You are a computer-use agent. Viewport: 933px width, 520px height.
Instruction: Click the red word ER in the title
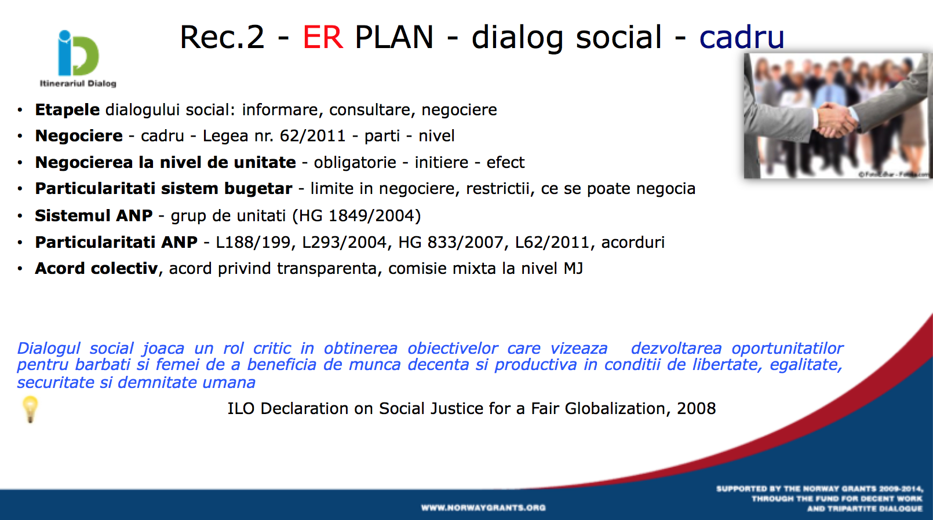click(323, 37)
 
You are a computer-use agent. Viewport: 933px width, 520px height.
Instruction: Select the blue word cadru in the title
click(741, 37)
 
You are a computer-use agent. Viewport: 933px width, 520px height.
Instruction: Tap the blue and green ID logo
click(78, 53)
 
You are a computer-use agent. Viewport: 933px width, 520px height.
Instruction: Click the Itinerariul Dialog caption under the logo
click(78, 83)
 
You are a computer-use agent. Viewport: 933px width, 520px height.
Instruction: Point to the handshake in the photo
click(835, 121)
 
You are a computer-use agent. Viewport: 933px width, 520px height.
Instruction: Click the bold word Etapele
click(67, 110)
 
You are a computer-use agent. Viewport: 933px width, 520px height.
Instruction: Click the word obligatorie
click(355, 162)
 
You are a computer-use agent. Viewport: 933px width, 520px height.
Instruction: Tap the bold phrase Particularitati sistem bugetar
click(163, 189)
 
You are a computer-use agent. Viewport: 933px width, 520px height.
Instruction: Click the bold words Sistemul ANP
click(94, 215)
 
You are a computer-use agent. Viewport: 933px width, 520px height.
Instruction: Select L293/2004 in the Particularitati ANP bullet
click(344, 242)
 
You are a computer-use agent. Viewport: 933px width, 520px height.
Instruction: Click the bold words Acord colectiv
click(96, 269)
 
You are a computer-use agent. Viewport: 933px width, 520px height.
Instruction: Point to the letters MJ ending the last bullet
click(573, 269)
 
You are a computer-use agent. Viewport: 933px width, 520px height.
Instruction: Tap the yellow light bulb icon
click(30, 409)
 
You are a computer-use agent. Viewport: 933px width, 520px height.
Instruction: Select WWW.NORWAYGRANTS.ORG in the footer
click(483, 507)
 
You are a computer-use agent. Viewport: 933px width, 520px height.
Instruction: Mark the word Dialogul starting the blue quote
click(49, 349)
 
